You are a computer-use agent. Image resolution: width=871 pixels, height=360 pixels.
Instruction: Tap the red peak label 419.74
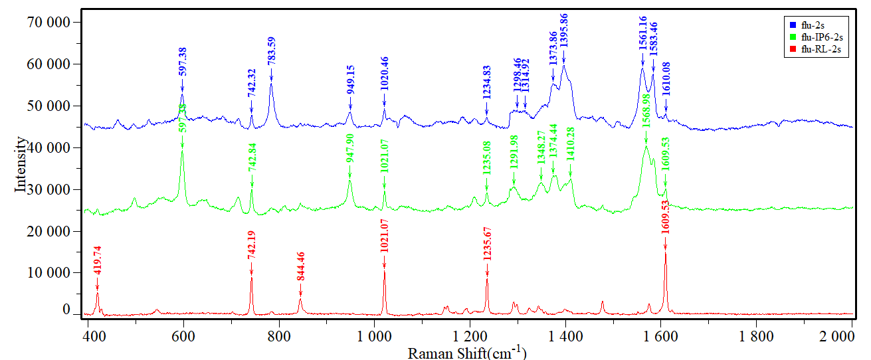click(x=98, y=263)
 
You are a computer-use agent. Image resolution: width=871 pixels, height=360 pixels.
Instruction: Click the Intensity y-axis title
click(x=22, y=165)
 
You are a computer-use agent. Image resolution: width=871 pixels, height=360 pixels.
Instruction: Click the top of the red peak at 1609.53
click(x=665, y=253)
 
